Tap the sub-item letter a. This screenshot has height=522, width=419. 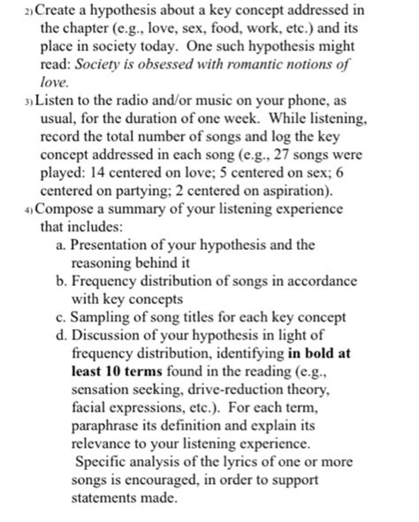coord(58,245)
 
